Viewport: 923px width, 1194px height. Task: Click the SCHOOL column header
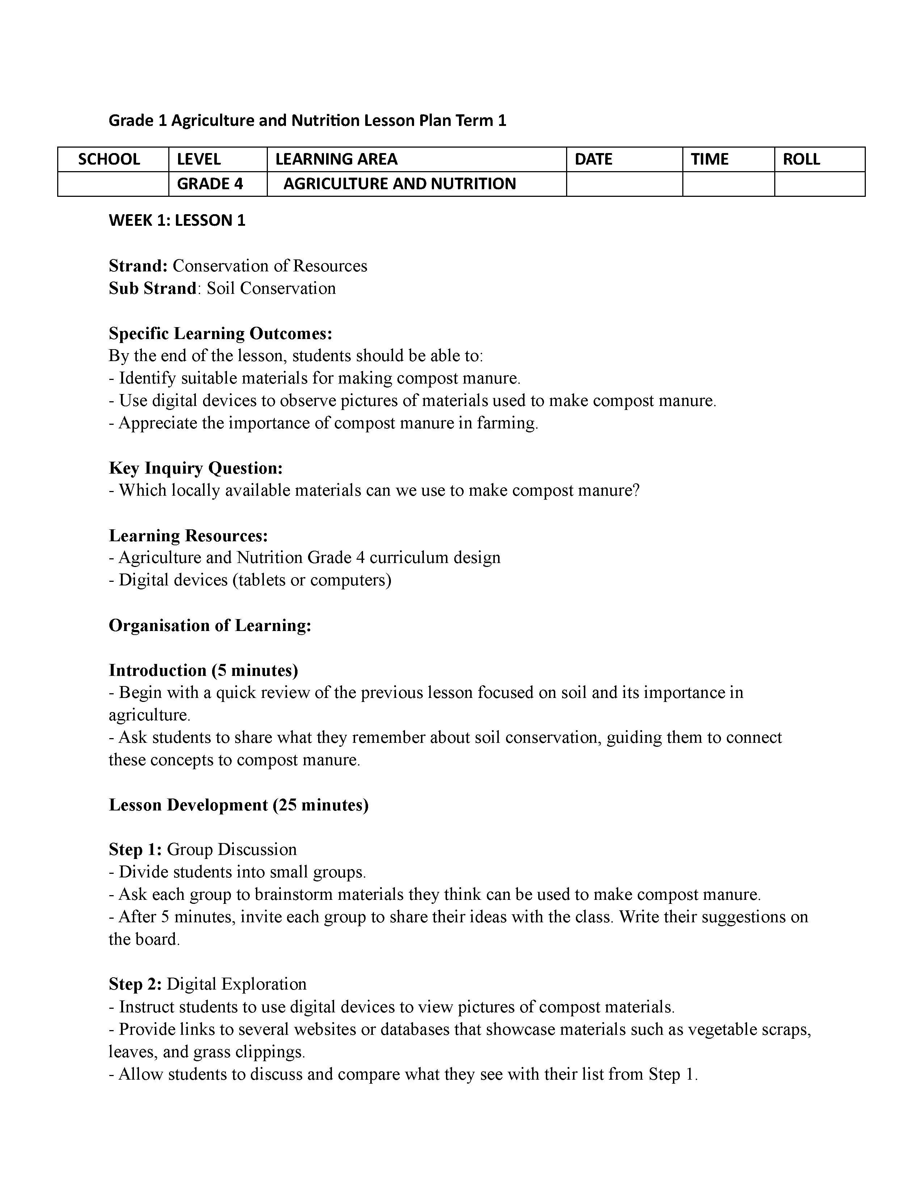click(x=109, y=159)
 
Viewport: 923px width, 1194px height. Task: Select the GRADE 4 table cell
click(x=210, y=184)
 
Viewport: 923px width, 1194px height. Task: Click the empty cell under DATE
click(x=624, y=184)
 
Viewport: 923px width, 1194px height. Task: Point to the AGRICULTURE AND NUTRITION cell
click(x=399, y=184)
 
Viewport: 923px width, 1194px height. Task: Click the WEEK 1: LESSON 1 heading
click(x=177, y=220)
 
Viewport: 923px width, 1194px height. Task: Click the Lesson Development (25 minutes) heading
click(x=239, y=805)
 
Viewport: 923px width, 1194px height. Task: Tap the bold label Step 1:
click(x=135, y=849)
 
